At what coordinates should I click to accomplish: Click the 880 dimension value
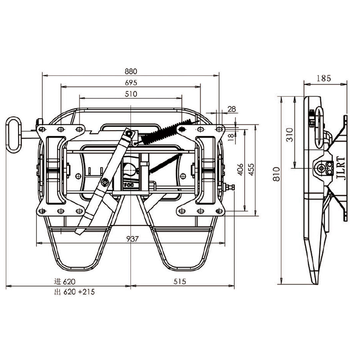[131, 71]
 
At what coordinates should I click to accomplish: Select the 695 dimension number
[131, 83]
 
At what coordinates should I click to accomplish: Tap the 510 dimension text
[131, 94]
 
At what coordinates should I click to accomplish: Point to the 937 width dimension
[132, 239]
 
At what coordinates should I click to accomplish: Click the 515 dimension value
[180, 281]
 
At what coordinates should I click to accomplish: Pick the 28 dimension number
[232, 109]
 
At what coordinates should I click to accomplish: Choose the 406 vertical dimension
[240, 170]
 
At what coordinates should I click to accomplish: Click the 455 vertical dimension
[252, 170]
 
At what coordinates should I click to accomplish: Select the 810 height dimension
[277, 174]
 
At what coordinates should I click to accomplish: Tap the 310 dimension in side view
[290, 135]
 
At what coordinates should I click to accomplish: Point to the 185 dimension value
[324, 79]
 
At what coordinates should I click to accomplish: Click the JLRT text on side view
[341, 169]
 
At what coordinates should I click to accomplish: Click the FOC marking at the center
[129, 185]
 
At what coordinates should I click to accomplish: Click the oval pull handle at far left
[14, 135]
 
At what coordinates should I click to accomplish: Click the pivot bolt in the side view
[321, 169]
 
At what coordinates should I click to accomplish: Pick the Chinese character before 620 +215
[57, 292]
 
